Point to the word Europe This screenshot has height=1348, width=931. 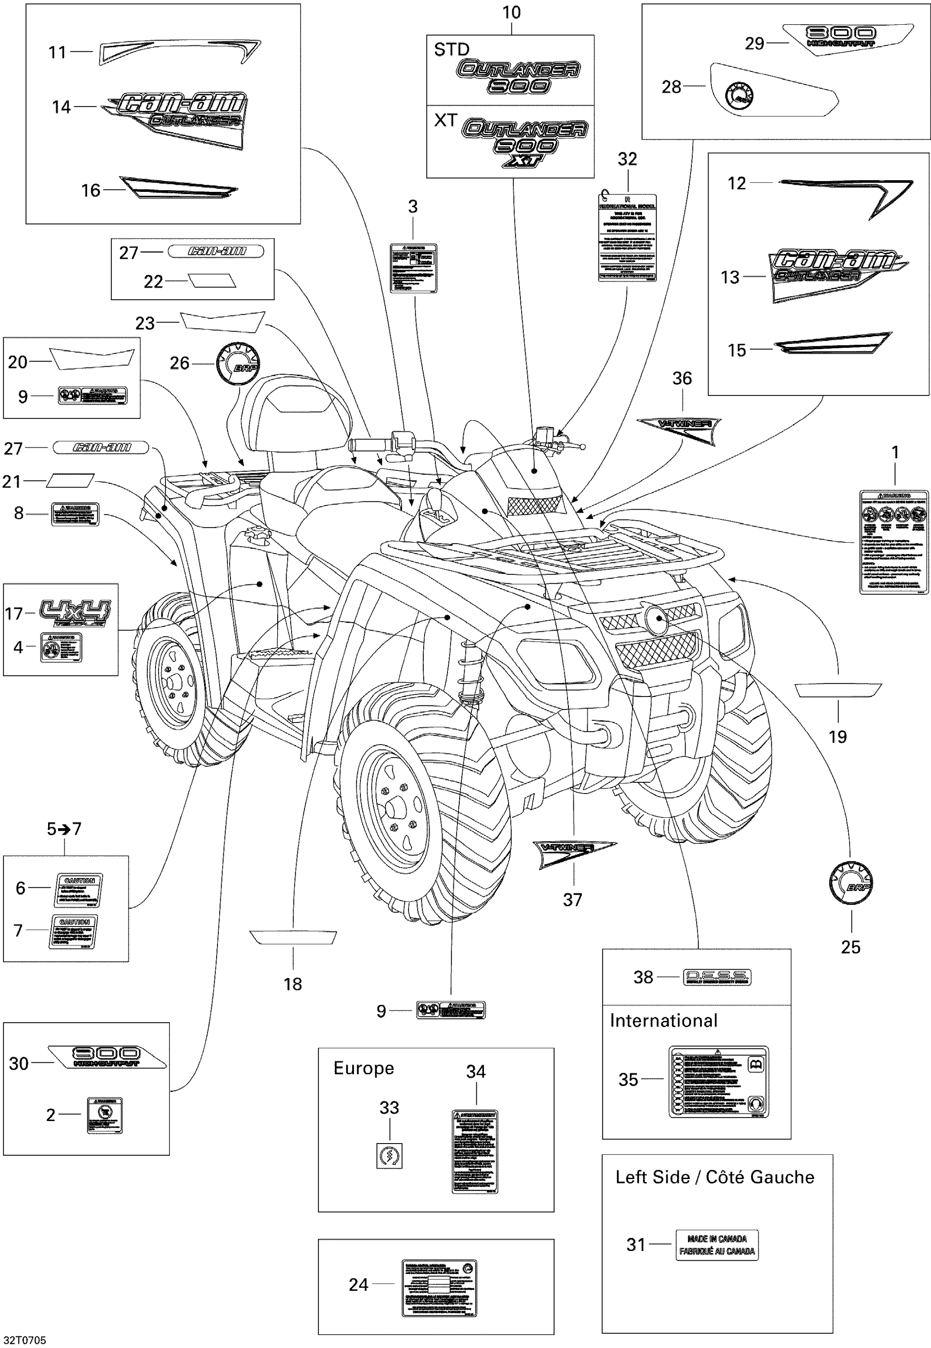[364, 1068]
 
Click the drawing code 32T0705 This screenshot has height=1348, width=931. [25, 1340]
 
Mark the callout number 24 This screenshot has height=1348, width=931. [358, 1284]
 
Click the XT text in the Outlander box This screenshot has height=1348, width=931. [446, 120]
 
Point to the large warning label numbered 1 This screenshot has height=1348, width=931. [894, 542]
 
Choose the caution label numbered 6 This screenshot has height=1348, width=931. [78, 890]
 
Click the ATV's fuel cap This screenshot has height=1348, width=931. [254, 534]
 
